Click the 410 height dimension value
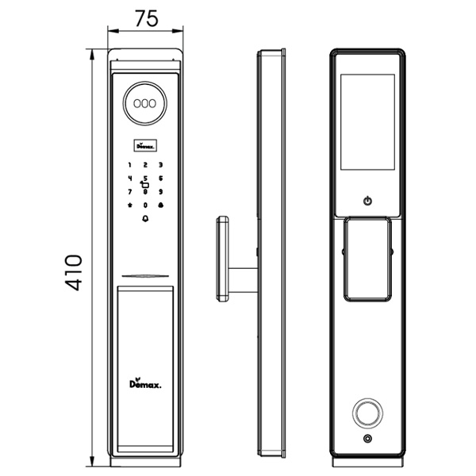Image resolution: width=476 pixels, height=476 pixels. pyautogui.click(x=73, y=272)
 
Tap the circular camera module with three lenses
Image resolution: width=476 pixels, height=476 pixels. pyautogui.click(x=145, y=103)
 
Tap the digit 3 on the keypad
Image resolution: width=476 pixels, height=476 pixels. pyautogui.click(x=160, y=166)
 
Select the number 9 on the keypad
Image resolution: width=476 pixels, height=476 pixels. pyautogui.click(x=160, y=192)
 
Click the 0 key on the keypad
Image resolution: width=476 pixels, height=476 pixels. pyautogui.click(x=145, y=205)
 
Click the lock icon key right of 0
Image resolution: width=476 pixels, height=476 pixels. pyautogui.click(x=160, y=205)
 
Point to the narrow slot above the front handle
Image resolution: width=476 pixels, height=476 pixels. pyautogui.click(x=145, y=277)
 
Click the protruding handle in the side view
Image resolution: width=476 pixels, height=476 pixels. pyautogui.click(x=222, y=259)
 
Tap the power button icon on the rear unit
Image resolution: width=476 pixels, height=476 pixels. pyautogui.click(x=367, y=201)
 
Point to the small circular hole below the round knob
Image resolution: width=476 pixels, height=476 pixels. pyautogui.click(x=367, y=440)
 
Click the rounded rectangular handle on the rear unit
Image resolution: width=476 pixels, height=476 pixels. pyautogui.click(x=367, y=259)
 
